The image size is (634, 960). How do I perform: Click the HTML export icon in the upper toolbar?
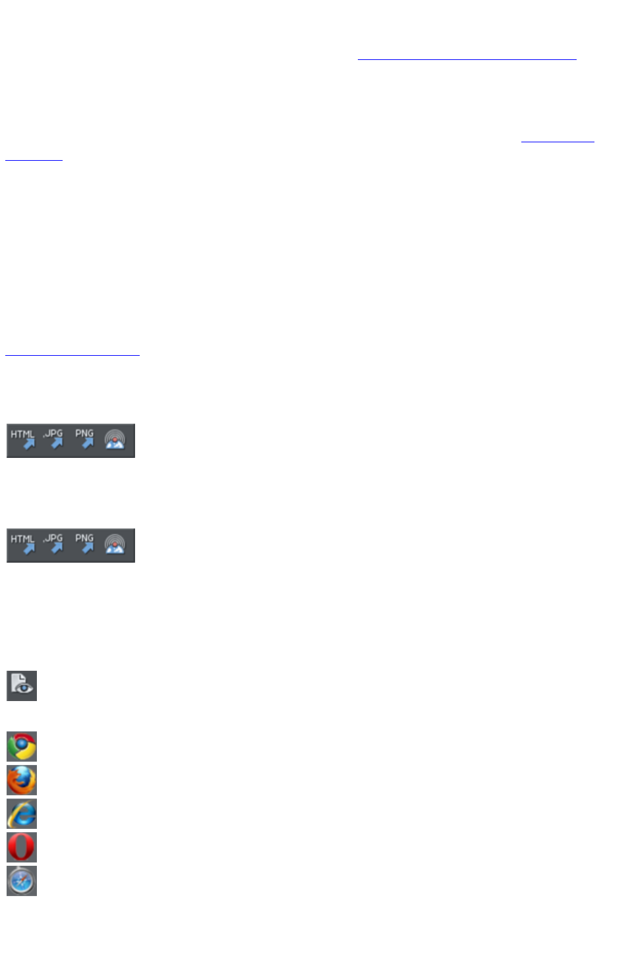pos(23,440)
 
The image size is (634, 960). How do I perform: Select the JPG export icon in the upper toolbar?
pos(53,440)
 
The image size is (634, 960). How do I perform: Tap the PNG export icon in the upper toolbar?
pos(84,440)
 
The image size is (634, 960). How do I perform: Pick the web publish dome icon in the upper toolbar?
pos(115,440)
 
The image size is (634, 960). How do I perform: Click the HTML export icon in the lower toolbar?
pos(23,545)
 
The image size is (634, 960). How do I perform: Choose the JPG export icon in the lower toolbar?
pos(53,545)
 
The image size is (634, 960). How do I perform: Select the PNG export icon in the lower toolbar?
pos(84,545)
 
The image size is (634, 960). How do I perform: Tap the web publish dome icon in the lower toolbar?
pos(115,545)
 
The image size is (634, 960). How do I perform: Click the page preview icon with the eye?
pos(22,685)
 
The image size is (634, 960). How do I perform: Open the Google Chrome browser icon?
pos(22,747)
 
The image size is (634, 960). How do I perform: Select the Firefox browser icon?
pos(22,780)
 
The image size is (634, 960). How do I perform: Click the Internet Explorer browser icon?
pos(22,814)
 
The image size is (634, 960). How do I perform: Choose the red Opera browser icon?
pos(22,847)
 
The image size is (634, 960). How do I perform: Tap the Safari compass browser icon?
pos(22,881)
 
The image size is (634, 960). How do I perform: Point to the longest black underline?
pos(72,355)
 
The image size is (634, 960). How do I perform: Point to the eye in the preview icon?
pos(26,689)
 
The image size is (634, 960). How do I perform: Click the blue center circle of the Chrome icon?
pos(22,746)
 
